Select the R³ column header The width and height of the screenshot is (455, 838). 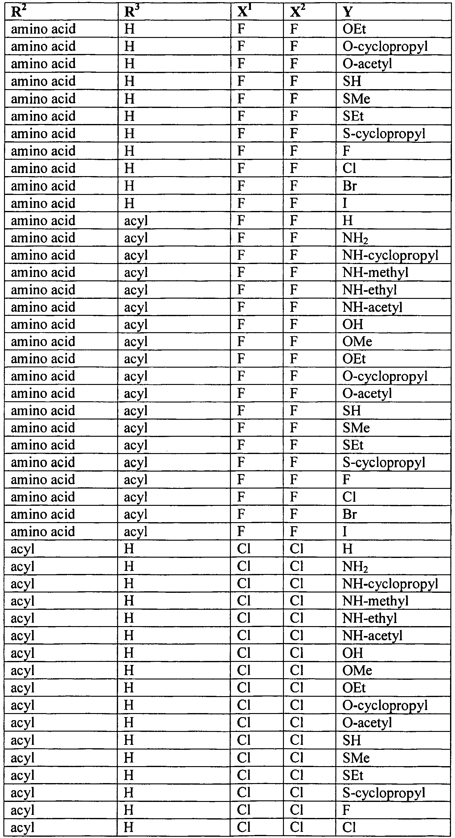point(132,12)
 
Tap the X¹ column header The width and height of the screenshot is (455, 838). point(245,12)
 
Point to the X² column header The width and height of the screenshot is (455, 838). point(297,12)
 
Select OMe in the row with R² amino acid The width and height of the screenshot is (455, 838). point(357,341)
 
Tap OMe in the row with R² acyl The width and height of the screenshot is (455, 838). point(357,670)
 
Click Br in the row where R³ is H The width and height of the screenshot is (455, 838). point(350,186)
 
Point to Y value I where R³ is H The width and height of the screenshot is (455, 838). point(345,203)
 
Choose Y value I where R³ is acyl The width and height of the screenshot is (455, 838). point(345,531)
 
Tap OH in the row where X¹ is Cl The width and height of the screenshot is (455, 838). point(353,653)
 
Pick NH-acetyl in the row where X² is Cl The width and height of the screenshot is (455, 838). point(372,635)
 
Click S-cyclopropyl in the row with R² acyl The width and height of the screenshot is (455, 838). point(384,793)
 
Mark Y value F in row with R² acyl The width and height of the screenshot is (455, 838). point(346,810)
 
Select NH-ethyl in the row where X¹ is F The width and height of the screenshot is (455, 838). point(370,290)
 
